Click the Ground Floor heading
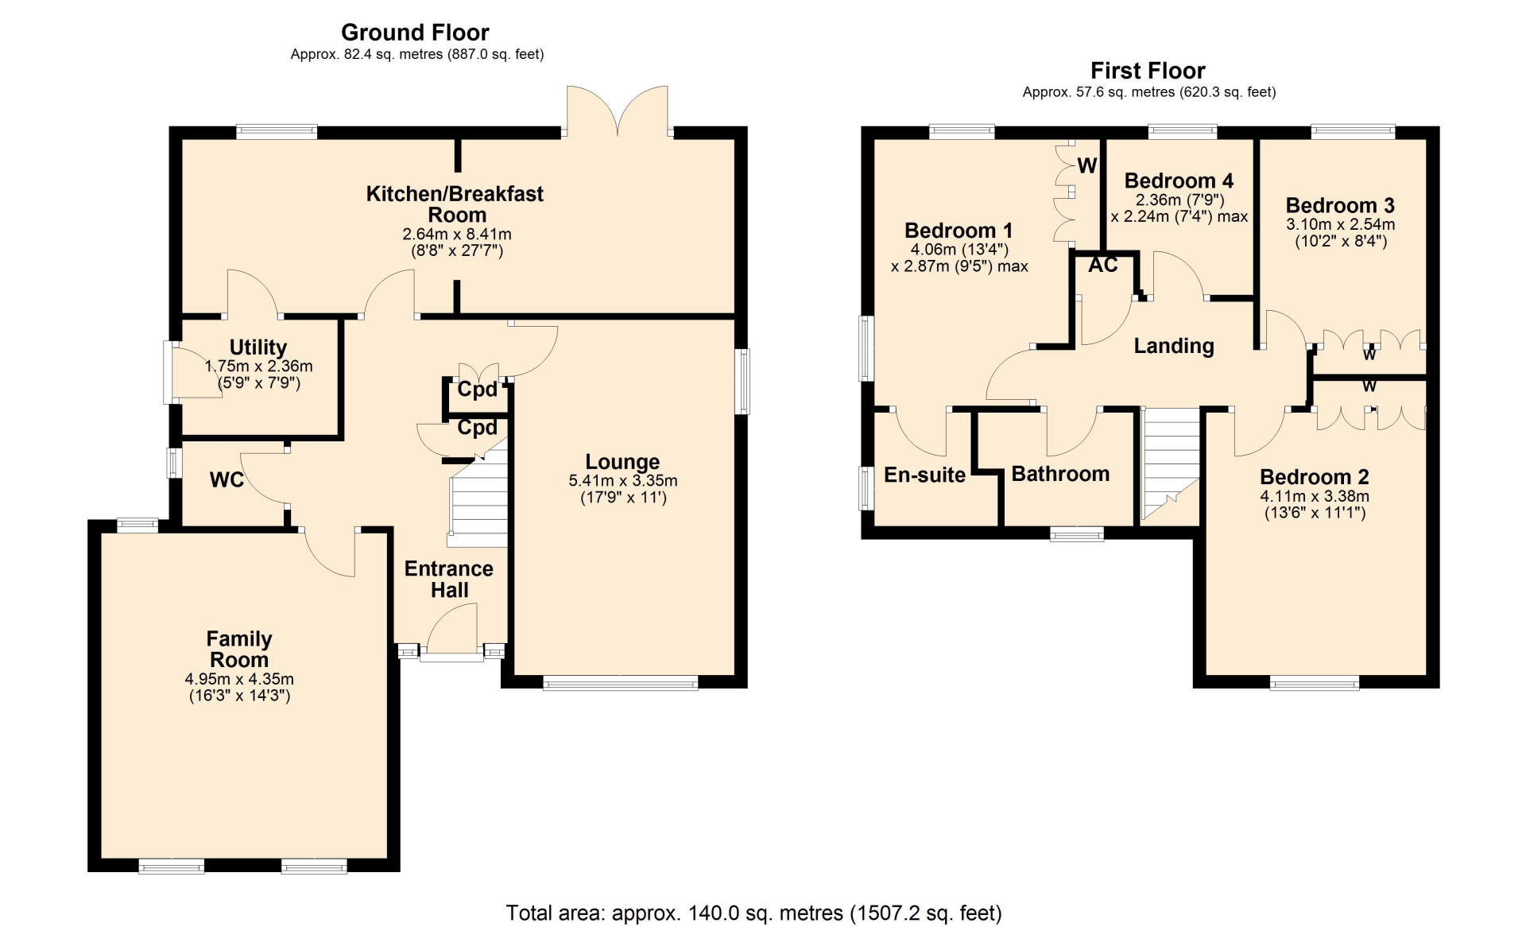coord(415,33)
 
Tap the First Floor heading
coord(1148,71)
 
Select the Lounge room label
coord(622,462)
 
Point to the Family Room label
coord(239,650)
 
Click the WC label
coord(227,480)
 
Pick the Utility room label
coord(258,347)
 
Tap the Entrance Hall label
coord(449,580)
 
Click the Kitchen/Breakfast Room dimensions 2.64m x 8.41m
coord(457,235)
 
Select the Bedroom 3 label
coord(1340,206)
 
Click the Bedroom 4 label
coord(1179,180)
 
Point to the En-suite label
coord(924,475)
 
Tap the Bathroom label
coord(1060,474)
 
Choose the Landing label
coord(1174,346)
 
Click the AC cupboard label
coord(1103,265)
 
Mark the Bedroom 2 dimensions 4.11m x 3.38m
coord(1315,497)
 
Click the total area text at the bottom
coord(753,913)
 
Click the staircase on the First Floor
coord(1171,464)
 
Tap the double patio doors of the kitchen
coord(618,111)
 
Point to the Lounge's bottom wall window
coord(621,682)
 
